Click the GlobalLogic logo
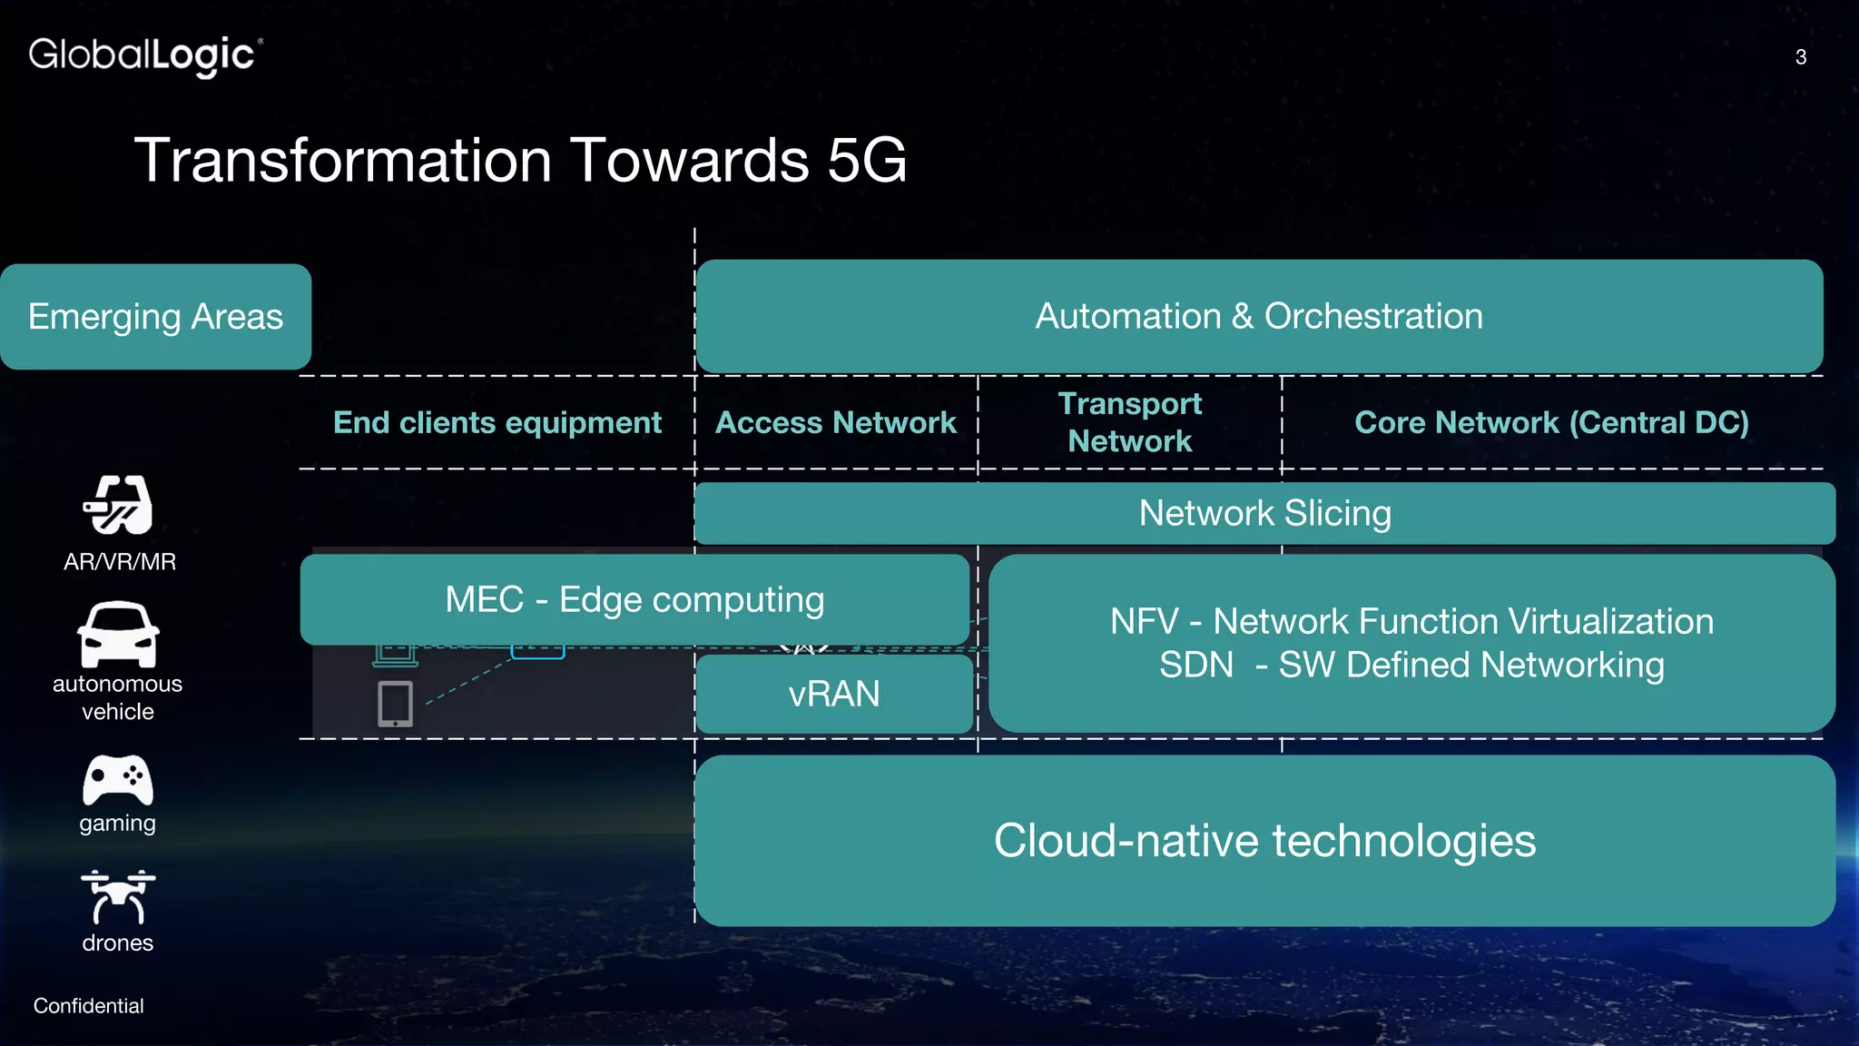145,55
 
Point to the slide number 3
1801,57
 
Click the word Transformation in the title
343,161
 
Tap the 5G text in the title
866,161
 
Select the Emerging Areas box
155,317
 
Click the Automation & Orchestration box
1259,316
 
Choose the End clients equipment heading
497,423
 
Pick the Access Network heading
835,423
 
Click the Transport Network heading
1129,422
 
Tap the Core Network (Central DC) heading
1551,423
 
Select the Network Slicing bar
1264,514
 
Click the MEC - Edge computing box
634,600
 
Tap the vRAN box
833,695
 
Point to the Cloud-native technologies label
1264,841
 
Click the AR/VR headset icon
118,506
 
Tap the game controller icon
118,780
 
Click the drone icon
118,896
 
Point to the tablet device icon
395,704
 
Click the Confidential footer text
88,1006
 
